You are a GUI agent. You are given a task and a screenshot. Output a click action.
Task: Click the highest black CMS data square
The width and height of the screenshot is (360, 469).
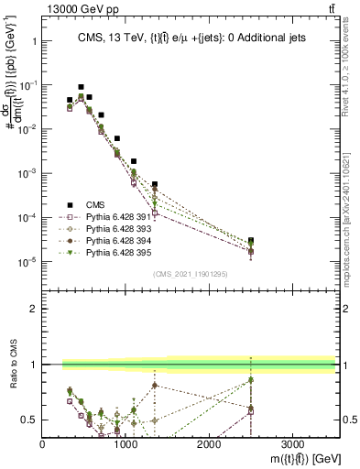tap(81, 87)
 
